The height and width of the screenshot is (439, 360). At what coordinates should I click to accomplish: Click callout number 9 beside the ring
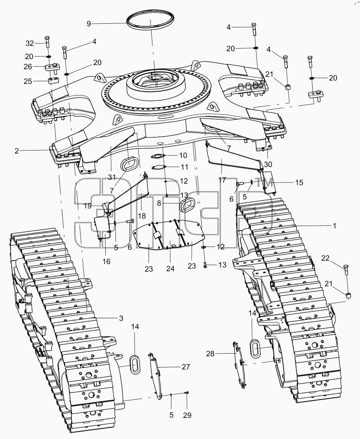(89, 24)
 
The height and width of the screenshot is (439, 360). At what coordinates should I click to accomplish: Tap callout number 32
(30, 43)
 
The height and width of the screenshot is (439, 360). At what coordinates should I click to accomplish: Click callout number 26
(28, 67)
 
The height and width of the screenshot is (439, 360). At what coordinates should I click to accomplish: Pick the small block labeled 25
(53, 81)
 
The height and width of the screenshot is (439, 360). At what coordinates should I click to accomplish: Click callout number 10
(183, 155)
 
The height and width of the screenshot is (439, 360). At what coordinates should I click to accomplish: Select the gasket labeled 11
(158, 167)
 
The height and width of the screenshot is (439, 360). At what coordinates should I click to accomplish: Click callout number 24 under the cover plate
(170, 269)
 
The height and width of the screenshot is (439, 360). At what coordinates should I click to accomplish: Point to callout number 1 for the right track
(334, 226)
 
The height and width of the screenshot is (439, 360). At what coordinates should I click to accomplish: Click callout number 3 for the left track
(121, 318)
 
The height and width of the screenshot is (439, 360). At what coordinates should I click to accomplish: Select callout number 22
(325, 258)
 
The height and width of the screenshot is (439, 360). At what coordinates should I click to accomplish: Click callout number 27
(186, 367)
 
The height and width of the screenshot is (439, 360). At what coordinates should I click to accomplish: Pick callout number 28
(210, 354)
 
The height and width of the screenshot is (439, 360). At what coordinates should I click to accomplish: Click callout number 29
(187, 415)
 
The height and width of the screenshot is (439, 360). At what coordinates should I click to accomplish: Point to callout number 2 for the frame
(17, 151)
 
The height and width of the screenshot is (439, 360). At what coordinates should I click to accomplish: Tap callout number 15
(299, 182)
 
